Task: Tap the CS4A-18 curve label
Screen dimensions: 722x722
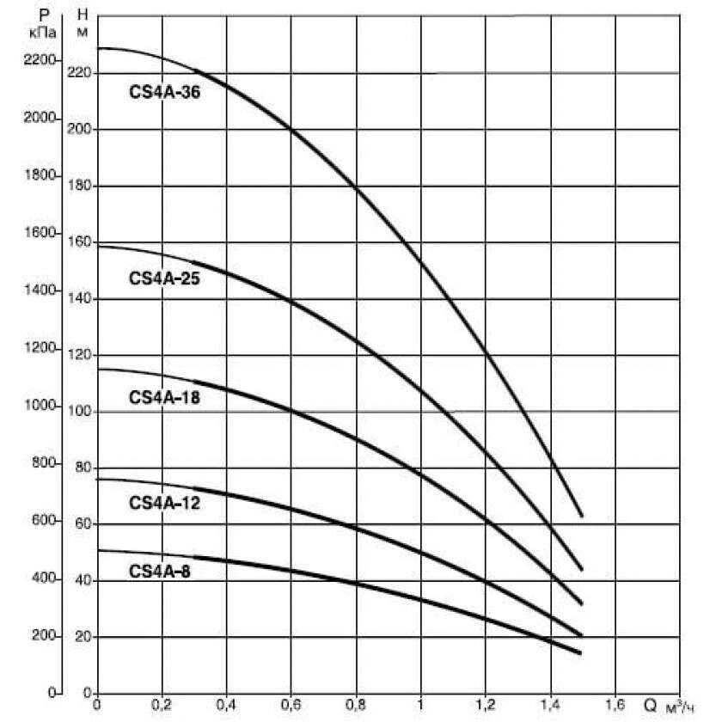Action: [164, 397]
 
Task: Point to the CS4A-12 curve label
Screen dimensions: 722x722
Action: [164, 502]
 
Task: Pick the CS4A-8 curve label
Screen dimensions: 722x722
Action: [160, 569]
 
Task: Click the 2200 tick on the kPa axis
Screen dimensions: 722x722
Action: [40, 60]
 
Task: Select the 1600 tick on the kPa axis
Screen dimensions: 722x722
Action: [40, 234]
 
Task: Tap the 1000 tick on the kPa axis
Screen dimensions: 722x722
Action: [40, 407]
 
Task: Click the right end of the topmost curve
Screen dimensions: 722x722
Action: [582, 516]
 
